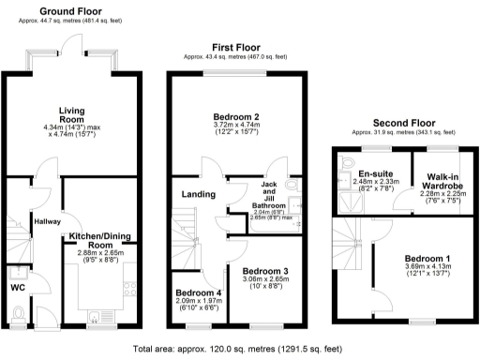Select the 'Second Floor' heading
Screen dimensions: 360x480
click(x=405, y=123)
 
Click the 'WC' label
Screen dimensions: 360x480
click(x=18, y=287)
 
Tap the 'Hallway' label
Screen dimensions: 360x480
click(x=47, y=221)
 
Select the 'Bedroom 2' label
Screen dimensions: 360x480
click(x=236, y=116)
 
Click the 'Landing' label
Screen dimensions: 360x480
click(x=200, y=194)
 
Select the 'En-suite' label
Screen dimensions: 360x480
click(x=377, y=173)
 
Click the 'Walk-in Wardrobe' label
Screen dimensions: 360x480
click(x=442, y=181)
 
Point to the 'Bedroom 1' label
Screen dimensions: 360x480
click(x=427, y=258)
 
